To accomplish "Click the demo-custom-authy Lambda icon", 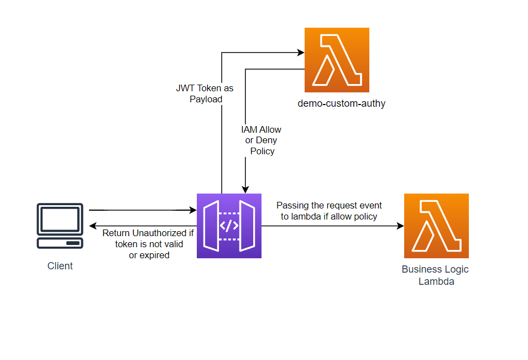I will click(x=337, y=60).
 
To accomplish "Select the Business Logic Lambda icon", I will click(x=436, y=226).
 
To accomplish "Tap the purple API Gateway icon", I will click(x=229, y=226).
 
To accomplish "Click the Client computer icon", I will click(x=60, y=226).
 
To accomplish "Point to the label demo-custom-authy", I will click(x=341, y=103).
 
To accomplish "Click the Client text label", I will click(x=60, y=266).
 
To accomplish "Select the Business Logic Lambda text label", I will click(x=435, y=275).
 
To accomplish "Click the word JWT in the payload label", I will click(x=186, y=88).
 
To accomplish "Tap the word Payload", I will click(x=206, y=100).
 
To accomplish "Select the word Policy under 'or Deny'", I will click(x=262, y=151).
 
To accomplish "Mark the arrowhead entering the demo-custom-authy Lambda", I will click(x=301, y=53).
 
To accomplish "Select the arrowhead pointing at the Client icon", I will click(x=93, y=226).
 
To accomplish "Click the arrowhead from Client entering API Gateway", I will click(x=194, y=210).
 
